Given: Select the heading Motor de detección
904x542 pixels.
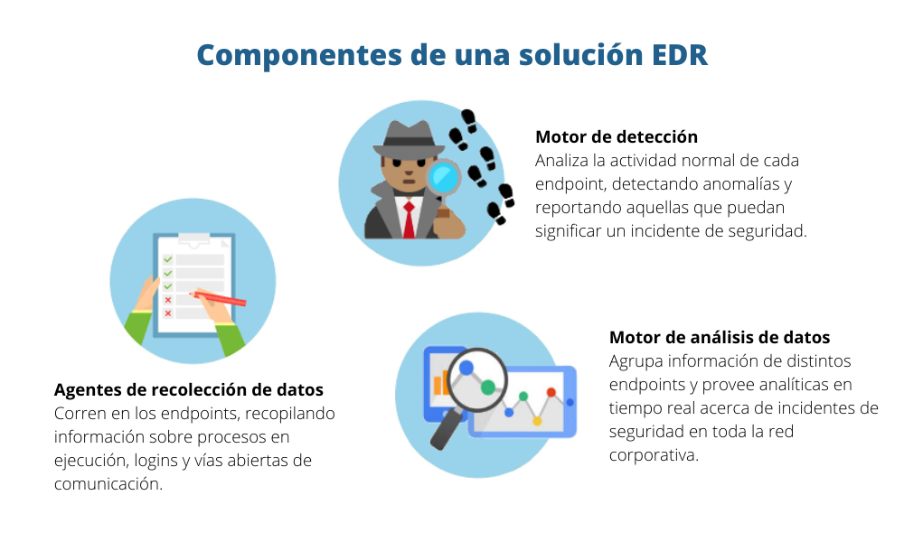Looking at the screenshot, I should (x=617, y=136).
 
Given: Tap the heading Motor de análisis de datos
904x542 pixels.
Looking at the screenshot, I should (x=720, y=338).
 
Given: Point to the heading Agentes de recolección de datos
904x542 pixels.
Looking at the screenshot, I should (x=189, y=390).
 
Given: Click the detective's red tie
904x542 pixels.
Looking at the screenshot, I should (x=409, y=220).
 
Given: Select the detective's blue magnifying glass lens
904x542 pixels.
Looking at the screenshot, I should (x=444, y=176).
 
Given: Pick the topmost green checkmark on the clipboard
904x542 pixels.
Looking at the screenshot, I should (x=167, y=259).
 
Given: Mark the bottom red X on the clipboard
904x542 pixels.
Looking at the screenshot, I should (x=167, y=313).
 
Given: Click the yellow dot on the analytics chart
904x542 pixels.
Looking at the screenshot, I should (x=537, y=420).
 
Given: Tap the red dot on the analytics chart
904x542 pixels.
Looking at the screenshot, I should (x=551, y=392).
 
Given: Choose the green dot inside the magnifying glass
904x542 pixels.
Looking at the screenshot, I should (x=488, y=388).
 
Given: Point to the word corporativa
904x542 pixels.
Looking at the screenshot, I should (x=654, y=455).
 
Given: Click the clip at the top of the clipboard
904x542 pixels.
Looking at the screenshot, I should (x=193, y=240).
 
